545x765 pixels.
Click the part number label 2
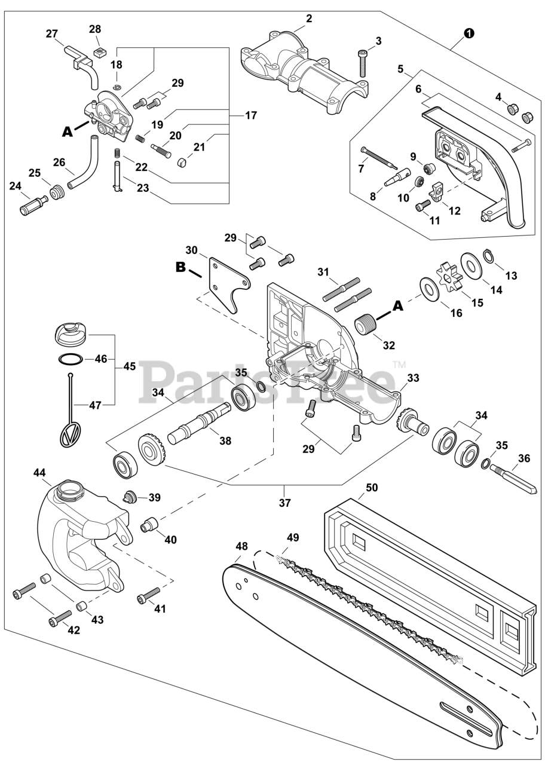click(x=308, y=19)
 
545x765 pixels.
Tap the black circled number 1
click(x=469, y=33)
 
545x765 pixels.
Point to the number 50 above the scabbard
click(x=371, y=487)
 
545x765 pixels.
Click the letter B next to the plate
click(x=180, y=267)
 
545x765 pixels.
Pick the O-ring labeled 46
click(x=70, y=360)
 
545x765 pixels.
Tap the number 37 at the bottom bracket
click(x=285, y=503)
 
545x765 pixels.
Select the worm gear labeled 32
click(x=366, y=326)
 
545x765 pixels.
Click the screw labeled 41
click(x=149, y=595)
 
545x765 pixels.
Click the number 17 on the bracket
click(x=250, y=115)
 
